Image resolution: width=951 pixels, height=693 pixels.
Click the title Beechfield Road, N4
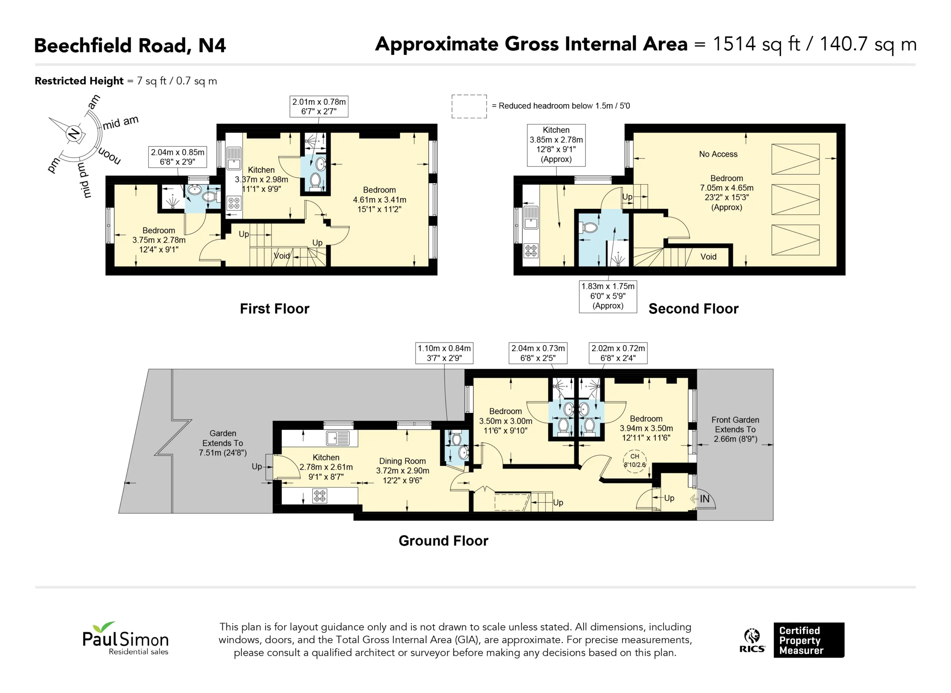(x=130, y=45)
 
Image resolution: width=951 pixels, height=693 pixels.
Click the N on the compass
(x=74, y=133)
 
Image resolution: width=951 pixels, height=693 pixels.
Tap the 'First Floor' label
(x=275, y=309)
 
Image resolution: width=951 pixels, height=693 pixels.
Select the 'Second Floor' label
(x=694, y=309)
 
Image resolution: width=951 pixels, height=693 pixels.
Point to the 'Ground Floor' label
(x=443, y=541)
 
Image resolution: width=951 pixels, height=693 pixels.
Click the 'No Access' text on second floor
(x=718, y=154)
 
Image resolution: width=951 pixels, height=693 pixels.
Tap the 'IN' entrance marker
(x=704, y=499)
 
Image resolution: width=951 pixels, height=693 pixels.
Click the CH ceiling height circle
(x=635, y=461)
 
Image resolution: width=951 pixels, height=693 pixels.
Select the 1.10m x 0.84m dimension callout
(x=444, y=353)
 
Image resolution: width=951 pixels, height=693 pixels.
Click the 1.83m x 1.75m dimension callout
(x=608, y=296)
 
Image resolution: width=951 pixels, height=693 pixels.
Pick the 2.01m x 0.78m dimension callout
(x=319, y=107)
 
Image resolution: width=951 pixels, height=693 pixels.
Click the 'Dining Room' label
(x=403, y=461)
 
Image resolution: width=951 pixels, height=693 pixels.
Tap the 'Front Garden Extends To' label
(x=736, y=424)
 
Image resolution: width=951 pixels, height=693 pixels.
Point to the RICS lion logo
(x=752, y=640)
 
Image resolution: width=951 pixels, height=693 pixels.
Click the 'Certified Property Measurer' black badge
(x=809, y=640)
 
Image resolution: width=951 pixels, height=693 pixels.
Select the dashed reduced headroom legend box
(x=469, y=107)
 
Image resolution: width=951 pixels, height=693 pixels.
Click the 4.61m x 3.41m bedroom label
(x=380, y=200)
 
